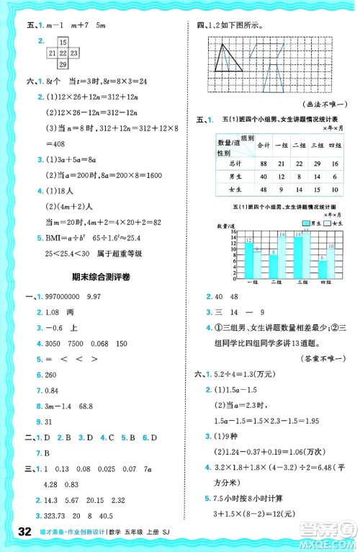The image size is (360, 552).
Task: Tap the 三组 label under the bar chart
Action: point(305,282)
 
